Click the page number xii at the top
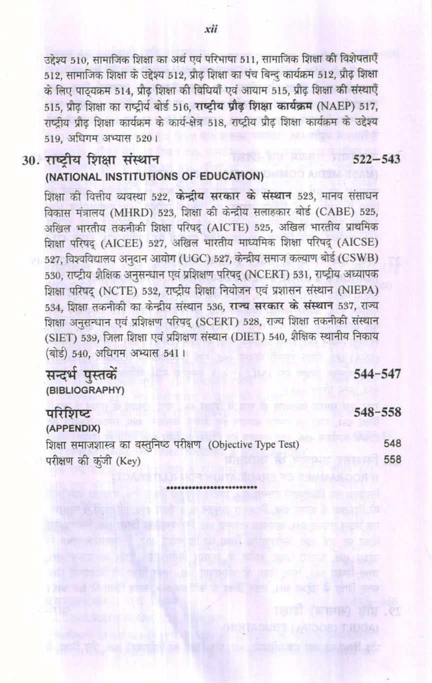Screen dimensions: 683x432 click(211, 30)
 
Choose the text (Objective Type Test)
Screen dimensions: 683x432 click(253, 444)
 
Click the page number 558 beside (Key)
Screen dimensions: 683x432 click(392, 459)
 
